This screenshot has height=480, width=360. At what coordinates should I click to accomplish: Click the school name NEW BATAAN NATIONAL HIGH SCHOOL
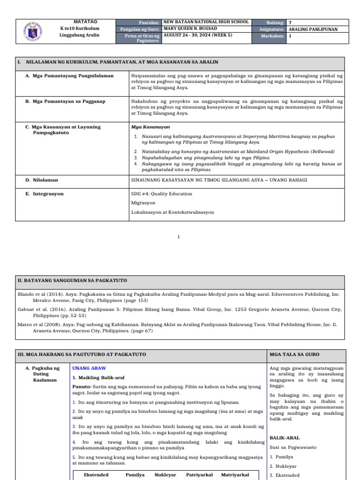click(205, 22)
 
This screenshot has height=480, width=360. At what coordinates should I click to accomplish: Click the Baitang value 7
click(290, 22)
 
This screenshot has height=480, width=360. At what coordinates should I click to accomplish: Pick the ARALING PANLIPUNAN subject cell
click(312, 29)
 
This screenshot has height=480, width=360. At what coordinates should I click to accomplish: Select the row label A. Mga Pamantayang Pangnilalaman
click(69, 75)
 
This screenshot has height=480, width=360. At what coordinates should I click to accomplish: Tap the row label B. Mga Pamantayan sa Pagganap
click(65, 101)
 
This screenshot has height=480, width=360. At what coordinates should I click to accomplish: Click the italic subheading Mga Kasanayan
click(150, 127)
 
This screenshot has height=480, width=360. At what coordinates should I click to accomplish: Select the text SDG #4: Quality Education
click(162, 194)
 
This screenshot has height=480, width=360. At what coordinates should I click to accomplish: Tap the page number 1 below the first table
click(179, 237)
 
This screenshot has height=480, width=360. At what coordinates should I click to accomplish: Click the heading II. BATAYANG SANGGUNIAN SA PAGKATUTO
click(72, 280)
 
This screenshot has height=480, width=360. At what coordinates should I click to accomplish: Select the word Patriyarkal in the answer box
click(199, 475)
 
